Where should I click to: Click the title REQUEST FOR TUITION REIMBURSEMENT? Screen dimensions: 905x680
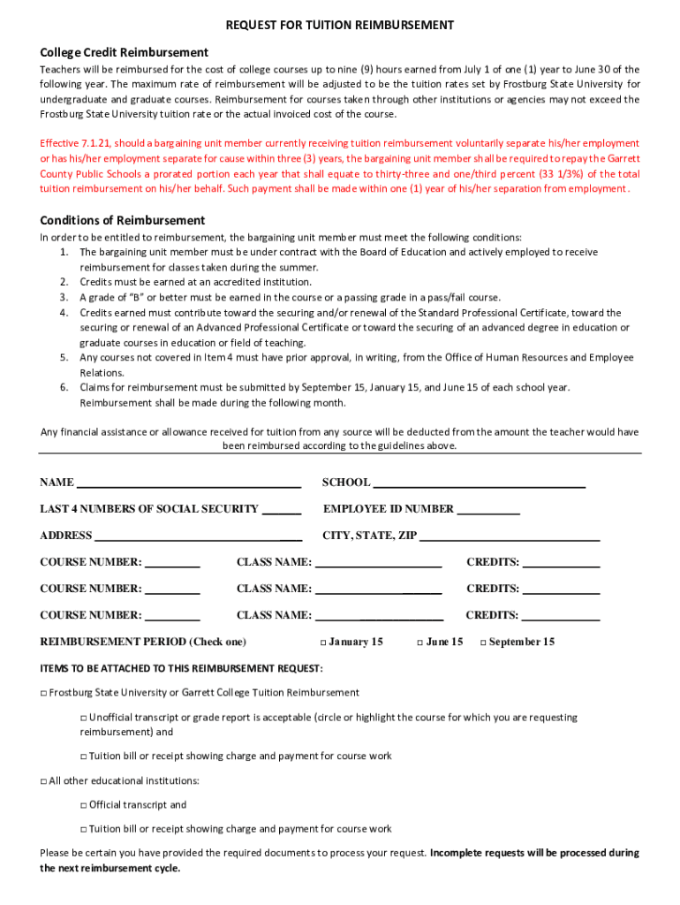tap(339, 26)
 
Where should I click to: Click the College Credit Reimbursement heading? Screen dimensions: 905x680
tap(124, 52)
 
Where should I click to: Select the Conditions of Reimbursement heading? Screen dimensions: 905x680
tap(122, 220)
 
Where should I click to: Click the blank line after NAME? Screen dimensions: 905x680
tap(188, 483)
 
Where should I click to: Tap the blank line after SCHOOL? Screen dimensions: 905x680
tap(479, 483)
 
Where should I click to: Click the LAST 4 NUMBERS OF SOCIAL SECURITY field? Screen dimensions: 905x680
tap(282, 510)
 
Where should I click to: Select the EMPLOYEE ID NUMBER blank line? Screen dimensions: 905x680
tap(488, 510)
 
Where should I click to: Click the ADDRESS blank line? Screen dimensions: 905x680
tap(198, 536)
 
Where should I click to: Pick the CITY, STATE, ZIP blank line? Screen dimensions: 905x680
tap(510, 536)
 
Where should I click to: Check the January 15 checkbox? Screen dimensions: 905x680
tap(323, 643)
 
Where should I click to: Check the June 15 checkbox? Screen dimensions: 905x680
tap(419, 643)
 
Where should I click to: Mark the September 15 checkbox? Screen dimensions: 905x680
tap(483, 643)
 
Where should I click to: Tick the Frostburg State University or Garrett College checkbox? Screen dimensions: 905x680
tap(43, 693)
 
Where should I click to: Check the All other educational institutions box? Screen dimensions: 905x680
tap(43, 781)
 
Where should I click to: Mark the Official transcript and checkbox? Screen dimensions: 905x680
tap(84, 805)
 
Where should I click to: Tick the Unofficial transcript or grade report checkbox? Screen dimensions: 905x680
tap(84, 718)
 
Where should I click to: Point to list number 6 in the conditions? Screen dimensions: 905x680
tap(64, 387)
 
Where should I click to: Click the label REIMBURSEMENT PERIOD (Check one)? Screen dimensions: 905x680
tap(143, 642)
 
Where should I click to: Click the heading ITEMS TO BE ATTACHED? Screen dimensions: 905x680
tap(181, 667)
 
